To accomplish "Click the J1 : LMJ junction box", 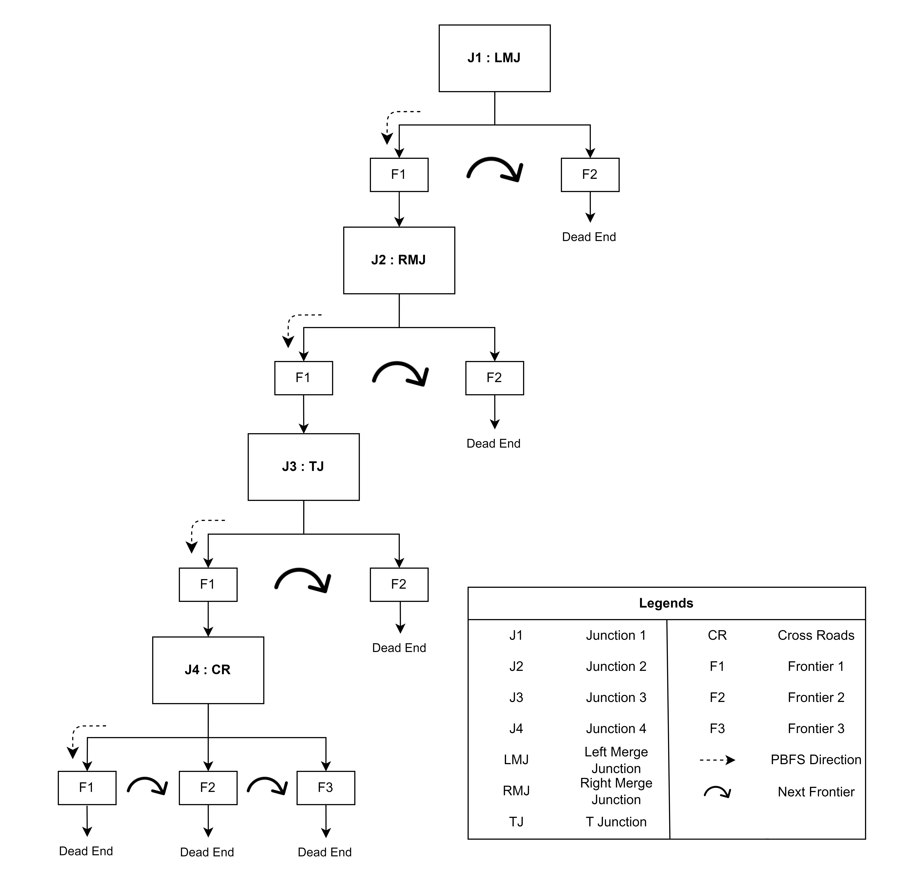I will point(494,58).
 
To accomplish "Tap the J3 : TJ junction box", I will point(303,467).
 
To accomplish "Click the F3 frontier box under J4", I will point(325,787).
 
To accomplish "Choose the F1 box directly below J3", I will point(208,584).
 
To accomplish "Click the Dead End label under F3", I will point(325,852).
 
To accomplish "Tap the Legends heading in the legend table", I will point(666,603).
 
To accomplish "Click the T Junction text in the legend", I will point(616,822).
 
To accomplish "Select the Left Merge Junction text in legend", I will point(616,760).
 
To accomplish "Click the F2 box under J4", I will point(208,787).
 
